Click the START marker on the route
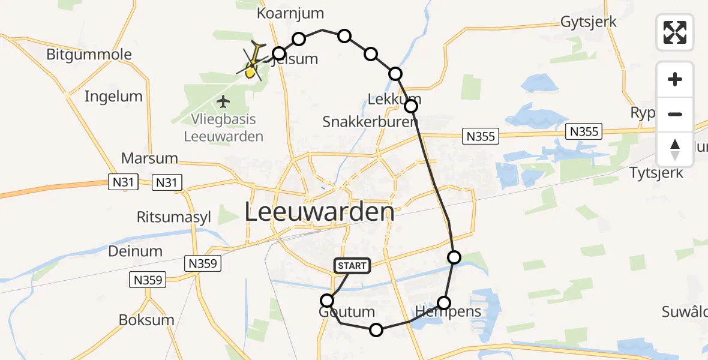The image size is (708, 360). (x=352, y=266)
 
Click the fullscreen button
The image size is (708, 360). (x=675, y=32)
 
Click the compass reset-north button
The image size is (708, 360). (x=675, y=149)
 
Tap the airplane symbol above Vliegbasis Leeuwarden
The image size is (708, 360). (x=223, y=100)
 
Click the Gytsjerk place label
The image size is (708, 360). (x=589, y=22)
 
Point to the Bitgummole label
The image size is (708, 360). (x=89, y=55)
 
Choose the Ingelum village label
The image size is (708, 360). (x=113, y=96)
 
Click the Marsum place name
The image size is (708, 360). (x=149, y=159)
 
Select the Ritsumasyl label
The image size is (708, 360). (x=174, y=217)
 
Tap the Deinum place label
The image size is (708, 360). (x=135, y=251)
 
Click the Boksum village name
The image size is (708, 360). (x=146, y=320)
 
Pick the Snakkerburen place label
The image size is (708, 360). (x=370, y=122)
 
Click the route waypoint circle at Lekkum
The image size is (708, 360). (x=411, y=106)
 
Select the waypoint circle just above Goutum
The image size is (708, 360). (x=327, y=300)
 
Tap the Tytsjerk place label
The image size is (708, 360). (x=656, y=173)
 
